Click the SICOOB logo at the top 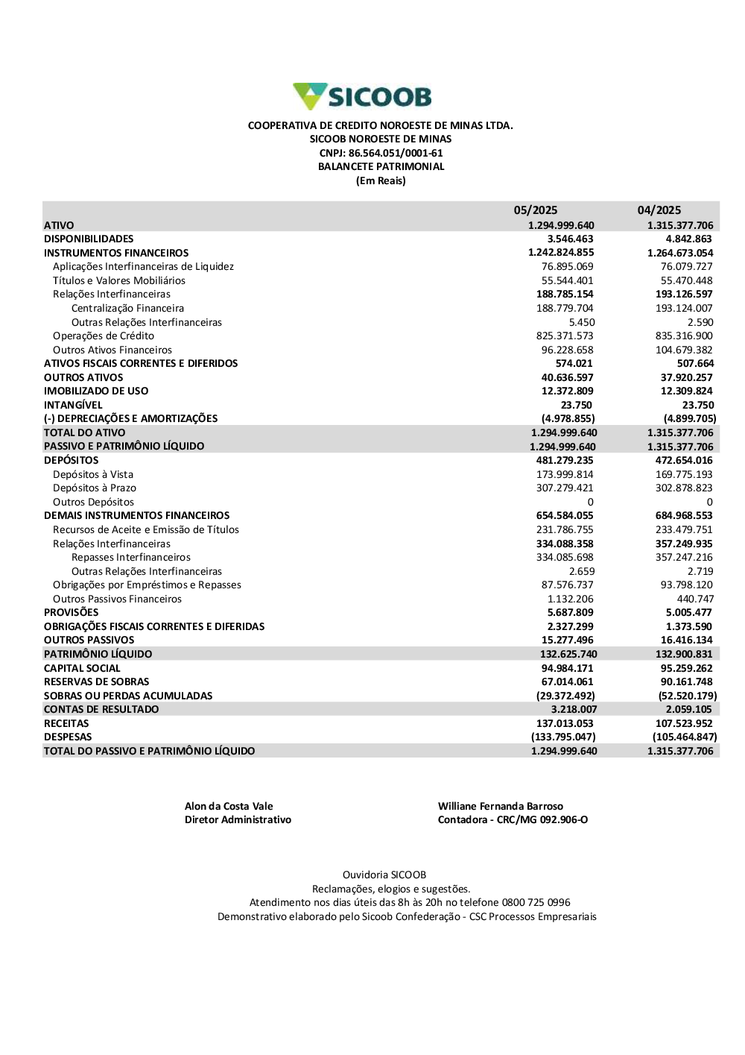pos(362,97)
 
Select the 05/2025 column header pos(535,210)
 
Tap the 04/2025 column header pos(659,210)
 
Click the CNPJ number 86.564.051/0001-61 pos(396,153)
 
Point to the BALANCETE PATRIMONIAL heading pos(381,167)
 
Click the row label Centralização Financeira pos(127,309)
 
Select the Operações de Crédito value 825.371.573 pos(565,336)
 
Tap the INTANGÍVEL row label pos(73,406)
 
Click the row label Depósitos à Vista pos(93,475)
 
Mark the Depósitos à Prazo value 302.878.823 pos(684,488)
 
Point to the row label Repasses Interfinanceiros pos(131,558)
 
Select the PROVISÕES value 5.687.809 pos(570,613)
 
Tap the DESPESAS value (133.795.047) pos(563,737)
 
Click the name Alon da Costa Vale pos(229,807)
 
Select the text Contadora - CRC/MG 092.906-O pos(513,820)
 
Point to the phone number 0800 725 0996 pos(536,903)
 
